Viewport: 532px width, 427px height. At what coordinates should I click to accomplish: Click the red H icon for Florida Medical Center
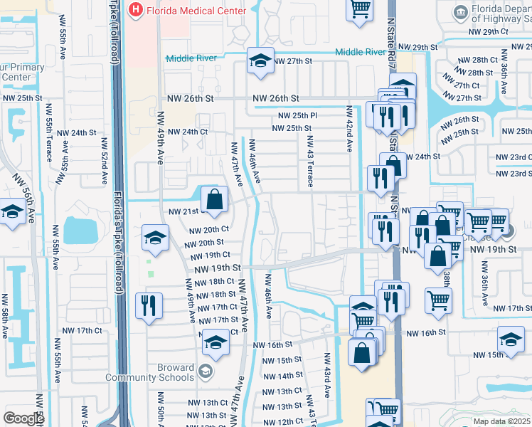point(135,11)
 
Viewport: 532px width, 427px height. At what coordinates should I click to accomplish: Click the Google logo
point(23,418)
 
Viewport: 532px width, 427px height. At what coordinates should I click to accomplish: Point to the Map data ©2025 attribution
point(501,421)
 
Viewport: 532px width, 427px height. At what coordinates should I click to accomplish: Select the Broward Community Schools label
point(150,372)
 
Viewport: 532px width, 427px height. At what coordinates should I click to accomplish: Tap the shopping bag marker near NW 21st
point(213,199)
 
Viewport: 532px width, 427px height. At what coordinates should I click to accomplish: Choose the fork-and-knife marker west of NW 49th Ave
point(149,305)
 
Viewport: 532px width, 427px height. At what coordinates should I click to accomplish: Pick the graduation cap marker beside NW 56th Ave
point(12,213)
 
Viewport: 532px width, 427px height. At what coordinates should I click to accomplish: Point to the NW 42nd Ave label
point(349,129)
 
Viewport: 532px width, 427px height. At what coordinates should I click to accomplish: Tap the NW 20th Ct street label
point(209,229)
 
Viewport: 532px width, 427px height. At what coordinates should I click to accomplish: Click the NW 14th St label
point(282,376)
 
